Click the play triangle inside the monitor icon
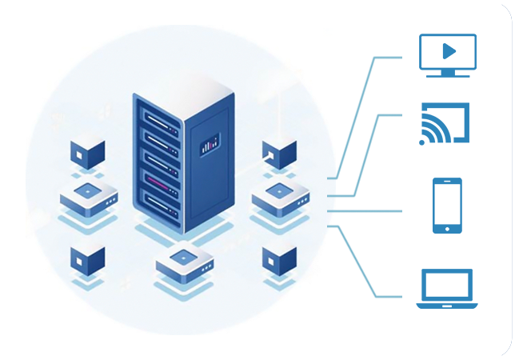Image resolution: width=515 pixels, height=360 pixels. pos(449,51)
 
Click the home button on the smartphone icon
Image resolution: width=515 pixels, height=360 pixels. pos(447,228)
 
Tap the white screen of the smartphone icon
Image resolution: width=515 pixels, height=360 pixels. pos(447,203)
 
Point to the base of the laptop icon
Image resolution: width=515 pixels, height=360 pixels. pos(447,305)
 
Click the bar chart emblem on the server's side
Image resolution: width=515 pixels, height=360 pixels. pos(210,145)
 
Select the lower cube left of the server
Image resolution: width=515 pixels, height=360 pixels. pos(87,257)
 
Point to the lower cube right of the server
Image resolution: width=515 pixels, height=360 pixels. pos(279,257)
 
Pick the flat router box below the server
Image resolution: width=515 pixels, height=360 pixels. pos(185,261)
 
